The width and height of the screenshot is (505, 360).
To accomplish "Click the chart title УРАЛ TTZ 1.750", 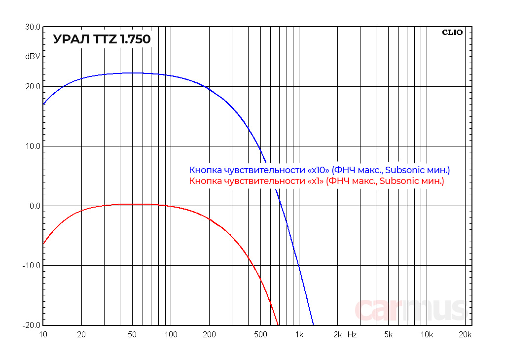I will pos(102,39).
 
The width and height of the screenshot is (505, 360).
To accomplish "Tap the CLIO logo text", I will pos(452,33).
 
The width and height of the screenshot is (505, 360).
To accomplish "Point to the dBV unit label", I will pos(33,57).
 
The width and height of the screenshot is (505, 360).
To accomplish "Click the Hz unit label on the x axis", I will pos(352,335).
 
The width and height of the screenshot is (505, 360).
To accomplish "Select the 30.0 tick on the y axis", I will pos(33,27).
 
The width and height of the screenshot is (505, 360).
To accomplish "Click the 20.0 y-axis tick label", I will pos(33,87).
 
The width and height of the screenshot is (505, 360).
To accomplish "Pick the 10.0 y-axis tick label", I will pos(33,146).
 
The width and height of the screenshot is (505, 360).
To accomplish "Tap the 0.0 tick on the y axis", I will pos(34,206).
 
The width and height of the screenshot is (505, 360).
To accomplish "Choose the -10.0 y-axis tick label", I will pos(32,266).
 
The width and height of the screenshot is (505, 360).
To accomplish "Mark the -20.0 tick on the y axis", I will pos(32,325).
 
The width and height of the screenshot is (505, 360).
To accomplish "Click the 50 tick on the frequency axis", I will pos(132,335).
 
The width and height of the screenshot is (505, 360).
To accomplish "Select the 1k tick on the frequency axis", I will pos(299,335).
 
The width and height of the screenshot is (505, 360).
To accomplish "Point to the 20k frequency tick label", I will pos(465,335).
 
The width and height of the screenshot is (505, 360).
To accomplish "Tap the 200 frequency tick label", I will pos(209,335).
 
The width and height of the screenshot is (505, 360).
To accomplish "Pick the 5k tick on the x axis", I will pos(389,335).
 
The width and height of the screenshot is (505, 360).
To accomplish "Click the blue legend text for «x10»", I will pos(320,170).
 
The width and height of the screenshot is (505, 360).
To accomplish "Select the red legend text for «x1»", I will pos(317,181).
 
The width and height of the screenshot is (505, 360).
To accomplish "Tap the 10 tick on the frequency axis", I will pos(43,335).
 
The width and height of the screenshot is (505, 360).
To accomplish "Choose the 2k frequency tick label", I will pos(338,335).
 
